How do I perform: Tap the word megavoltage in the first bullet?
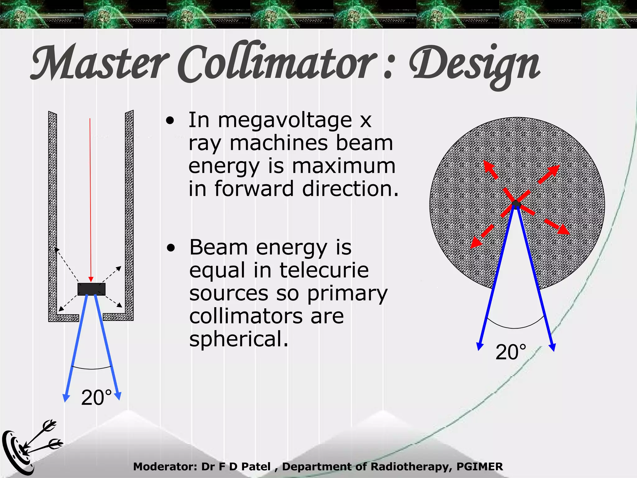[285, 121]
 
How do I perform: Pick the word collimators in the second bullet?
[246, 316]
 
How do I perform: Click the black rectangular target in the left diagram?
[91, 289]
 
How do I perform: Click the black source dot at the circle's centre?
[516, 204]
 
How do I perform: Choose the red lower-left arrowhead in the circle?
[476, 242]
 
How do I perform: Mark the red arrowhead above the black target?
[91, 279]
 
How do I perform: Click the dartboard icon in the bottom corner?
[19, 451]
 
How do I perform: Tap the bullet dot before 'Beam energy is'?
[171, 248]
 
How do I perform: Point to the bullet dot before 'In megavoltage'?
[170, 121]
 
